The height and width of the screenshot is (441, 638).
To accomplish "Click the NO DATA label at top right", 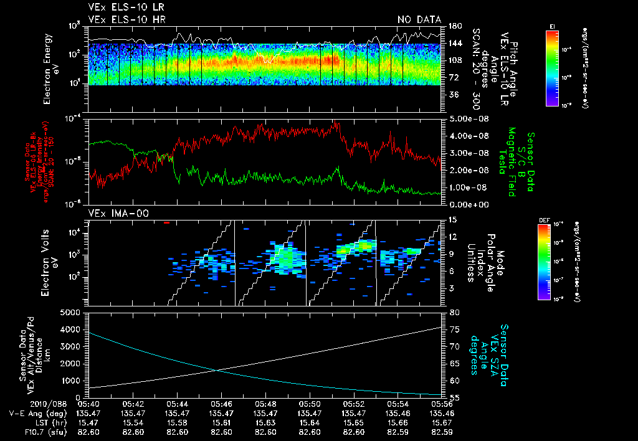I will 419,19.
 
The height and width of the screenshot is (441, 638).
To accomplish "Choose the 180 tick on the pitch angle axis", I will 454,26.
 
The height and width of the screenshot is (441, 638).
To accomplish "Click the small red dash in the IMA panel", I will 166,222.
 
